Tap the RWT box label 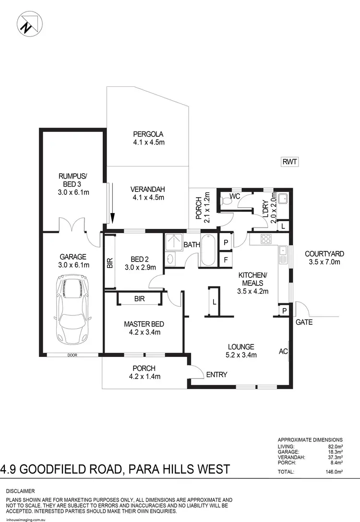click(x=290, y=162)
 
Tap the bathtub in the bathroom click(x=209, y=250)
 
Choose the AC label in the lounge click(x=283, y=352)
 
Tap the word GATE click(x=304, y=322)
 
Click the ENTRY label click(x=216, y=375)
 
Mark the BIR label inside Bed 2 click(x=110, y=263)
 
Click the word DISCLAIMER click(x=21, y=491)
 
